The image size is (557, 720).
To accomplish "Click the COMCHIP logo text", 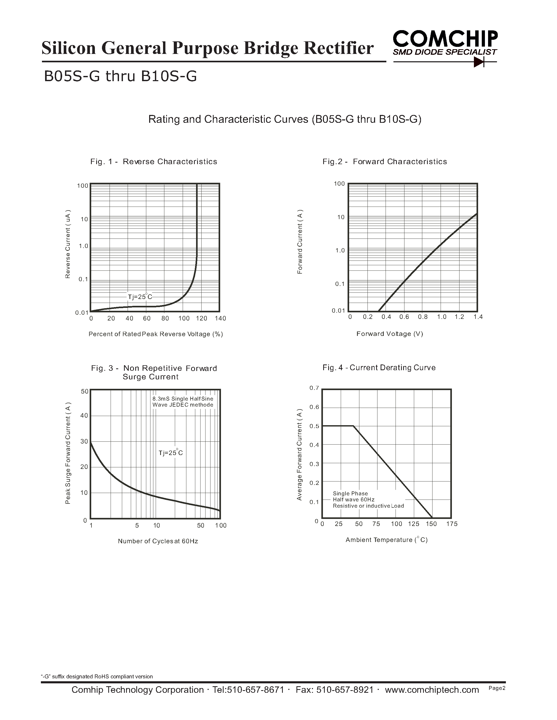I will pyautogui.click(x=445, y=39).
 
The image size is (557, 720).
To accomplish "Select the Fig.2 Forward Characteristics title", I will pyautogui.click(x=385, y=162).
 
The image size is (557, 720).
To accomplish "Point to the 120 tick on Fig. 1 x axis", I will pyautogui.click(x=201, y=318).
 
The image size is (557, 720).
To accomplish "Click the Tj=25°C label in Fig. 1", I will pyautogui.click(x=140, y=297).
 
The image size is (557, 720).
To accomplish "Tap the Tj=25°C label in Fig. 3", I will pyautogui.click(x=171, y=453).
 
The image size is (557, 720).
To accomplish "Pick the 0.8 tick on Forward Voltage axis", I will pyautogui.click(x=423, y=317).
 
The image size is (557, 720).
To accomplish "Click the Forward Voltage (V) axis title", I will pyautogui.click(x=390, y=334).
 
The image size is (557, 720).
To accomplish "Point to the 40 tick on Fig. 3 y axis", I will pyautogui.click(x=84, y=416).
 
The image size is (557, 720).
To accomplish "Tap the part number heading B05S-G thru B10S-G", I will pyautogui.click(x=120, y=76).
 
